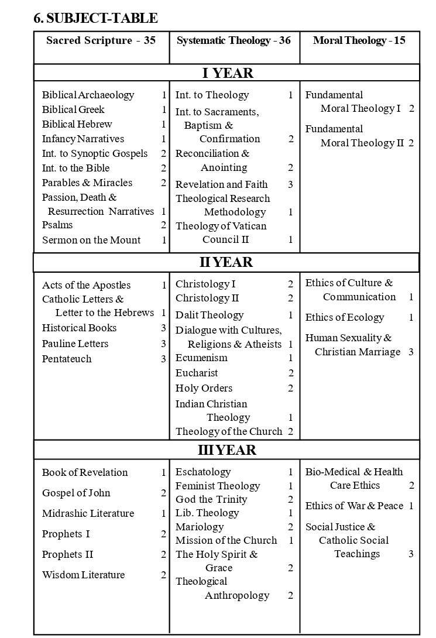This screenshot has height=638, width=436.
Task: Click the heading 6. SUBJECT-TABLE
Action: tap(95, 19)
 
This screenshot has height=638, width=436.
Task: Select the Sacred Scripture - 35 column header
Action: tap(101, 40)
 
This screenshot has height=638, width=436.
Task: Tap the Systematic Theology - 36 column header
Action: tap(234, 40)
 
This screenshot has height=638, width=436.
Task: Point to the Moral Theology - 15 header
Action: tap(359, 40)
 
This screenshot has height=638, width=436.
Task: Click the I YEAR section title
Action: tap(228, 73)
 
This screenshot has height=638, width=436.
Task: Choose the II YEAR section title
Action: tap(226, 262)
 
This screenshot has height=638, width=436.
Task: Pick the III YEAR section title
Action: tap(226, 450)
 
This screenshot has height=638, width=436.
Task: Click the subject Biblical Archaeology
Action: tap(88, 95)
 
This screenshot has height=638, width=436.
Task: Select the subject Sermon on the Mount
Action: tap(91, 240)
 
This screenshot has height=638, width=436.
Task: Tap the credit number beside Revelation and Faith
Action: tap(290, 184)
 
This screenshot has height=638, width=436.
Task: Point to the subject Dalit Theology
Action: tap(210, 315)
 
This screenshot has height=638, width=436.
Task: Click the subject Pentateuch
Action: tap(67, 359)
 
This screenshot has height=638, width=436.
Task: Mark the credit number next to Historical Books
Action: tap(163, 328)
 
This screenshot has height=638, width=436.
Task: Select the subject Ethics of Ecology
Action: tap(345, 317)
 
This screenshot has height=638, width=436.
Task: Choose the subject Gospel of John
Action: tap(76, 493)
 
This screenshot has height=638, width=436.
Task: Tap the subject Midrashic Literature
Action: tap(88, 513)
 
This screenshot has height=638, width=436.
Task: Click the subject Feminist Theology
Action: tap(218, 486)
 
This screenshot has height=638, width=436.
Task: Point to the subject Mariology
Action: tap(200, 527)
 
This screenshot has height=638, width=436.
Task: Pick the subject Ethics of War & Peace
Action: tap(354, 506)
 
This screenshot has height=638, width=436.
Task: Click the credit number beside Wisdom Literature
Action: tap(164, 575)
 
